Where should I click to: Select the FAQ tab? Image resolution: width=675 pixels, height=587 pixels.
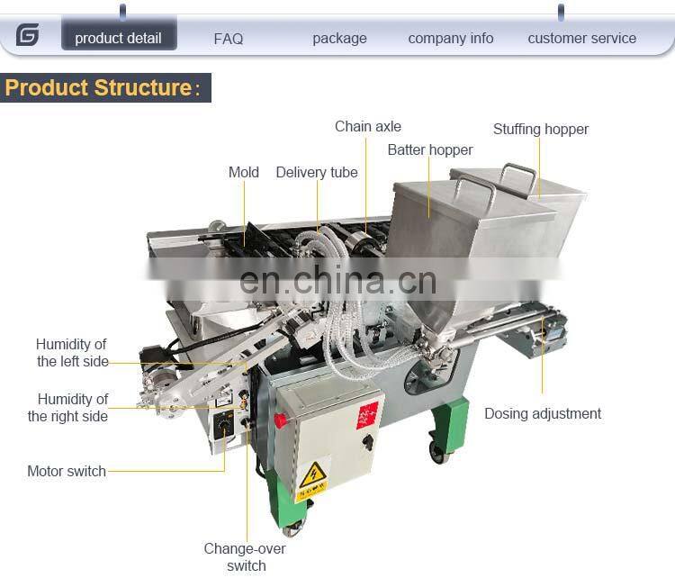click(x=229, y=39)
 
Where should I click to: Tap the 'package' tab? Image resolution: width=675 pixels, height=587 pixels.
click(x=339, y=39)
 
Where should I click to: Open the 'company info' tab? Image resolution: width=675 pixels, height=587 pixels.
click(x=451, y=39)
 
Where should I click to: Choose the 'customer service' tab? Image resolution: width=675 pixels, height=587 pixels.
click(x=582, y=39)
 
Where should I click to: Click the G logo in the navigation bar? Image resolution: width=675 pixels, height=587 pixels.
click(x=28, y=34)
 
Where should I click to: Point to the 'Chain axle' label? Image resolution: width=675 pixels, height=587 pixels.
click(x=368, y=127)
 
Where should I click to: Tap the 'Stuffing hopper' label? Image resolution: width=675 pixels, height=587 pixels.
click(x=541, y=130)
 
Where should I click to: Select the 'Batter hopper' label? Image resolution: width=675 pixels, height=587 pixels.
click(x=430, y=149)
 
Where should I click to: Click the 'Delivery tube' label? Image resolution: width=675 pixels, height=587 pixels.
click(x=317, y=172)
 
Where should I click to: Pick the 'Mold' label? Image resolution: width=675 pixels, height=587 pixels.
click(x=244, y=172)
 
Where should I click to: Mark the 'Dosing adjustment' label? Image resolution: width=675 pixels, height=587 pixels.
click(x=543, y=413)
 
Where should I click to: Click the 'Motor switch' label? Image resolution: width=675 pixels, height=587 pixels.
click(x=67, y=471)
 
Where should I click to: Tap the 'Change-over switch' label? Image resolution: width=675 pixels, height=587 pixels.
click(x=245, y=557)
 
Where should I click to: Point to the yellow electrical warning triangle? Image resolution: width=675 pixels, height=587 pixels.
click(x=312, y=474)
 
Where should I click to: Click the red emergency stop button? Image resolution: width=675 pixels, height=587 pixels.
click(x=280, y=420)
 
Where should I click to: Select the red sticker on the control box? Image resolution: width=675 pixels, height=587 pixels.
click(x=367, y=415)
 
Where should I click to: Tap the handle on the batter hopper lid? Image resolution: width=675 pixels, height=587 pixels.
click(x=476, y=188)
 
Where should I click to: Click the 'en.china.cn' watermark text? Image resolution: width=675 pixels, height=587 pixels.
click(x=337, y=281)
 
